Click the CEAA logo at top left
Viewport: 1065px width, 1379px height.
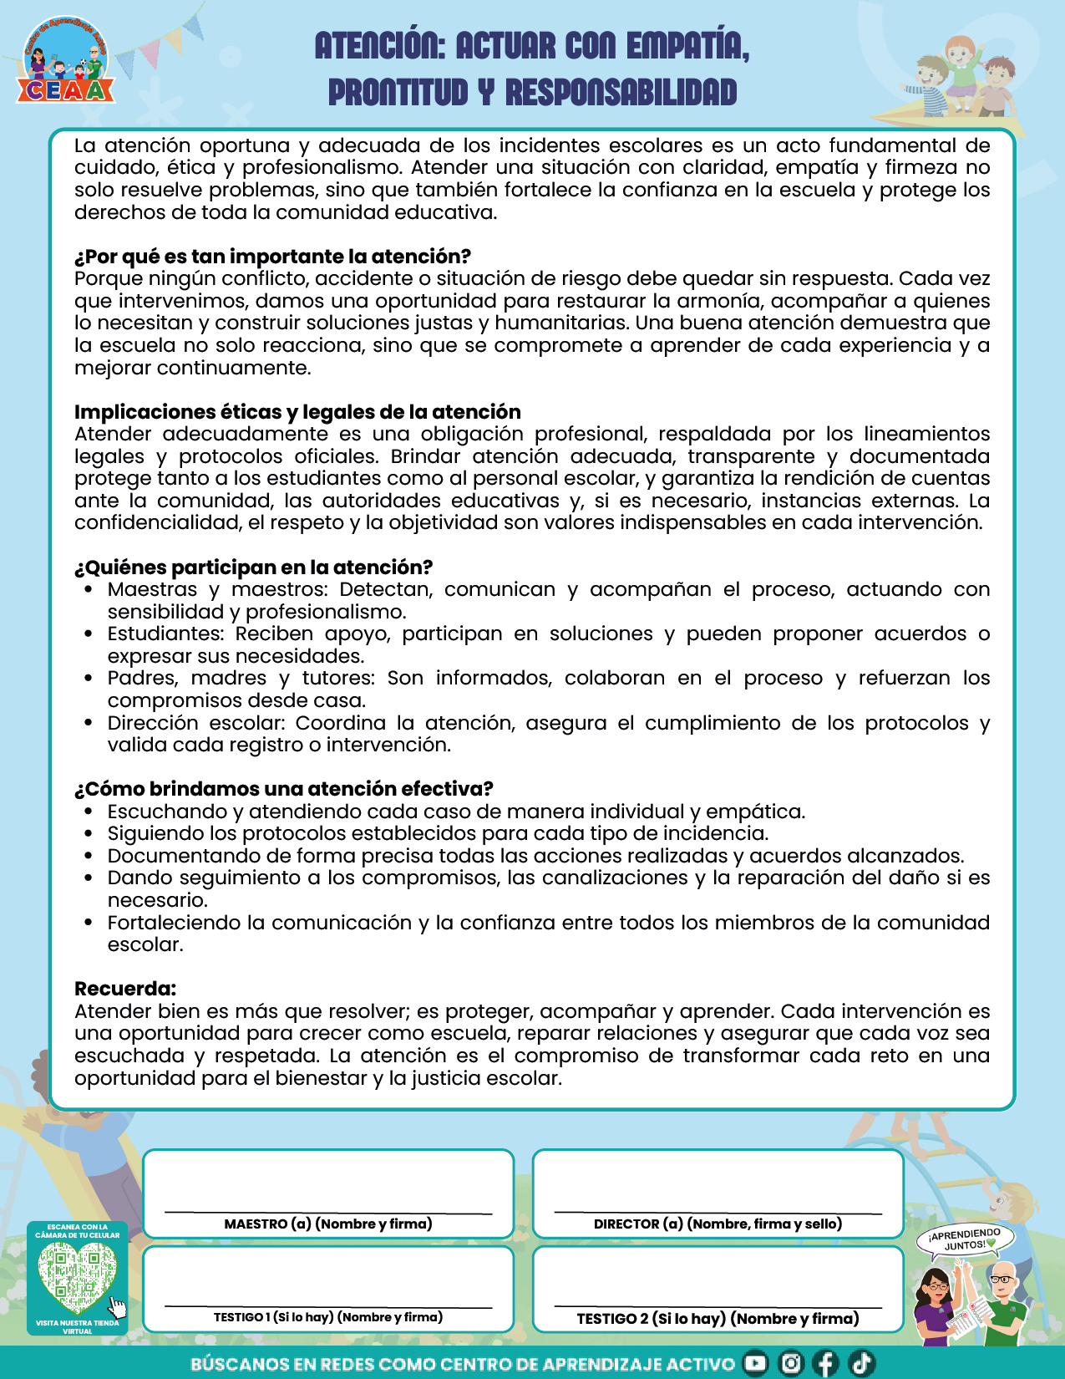(66, 64)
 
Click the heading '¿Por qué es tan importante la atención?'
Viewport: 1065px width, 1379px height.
(272, 257)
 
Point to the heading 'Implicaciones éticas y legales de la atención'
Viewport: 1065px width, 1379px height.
(297, 412)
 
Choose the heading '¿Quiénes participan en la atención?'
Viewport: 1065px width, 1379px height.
(253, 567)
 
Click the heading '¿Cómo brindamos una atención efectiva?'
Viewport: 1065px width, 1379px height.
(283, 789)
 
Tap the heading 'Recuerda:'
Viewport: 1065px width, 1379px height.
(125, 989)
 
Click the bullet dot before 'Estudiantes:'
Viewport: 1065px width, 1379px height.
(89, 634)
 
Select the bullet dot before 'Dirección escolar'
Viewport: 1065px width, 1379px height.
(89, 723)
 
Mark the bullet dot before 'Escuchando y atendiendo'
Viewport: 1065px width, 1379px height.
(89, 812)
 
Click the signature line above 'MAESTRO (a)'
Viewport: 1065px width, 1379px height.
(328, 1211)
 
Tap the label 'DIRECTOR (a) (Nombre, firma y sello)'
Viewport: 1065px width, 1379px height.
(718, 1224)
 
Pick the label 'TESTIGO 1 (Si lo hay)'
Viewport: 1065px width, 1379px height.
(328, 1317)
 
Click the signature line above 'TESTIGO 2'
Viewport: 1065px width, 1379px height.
(718, 1305)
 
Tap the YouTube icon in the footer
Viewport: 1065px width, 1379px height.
(755, 1363)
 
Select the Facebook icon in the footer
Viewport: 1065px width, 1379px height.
(825, 1363)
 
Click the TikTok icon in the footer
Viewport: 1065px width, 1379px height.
(861, 1363)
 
